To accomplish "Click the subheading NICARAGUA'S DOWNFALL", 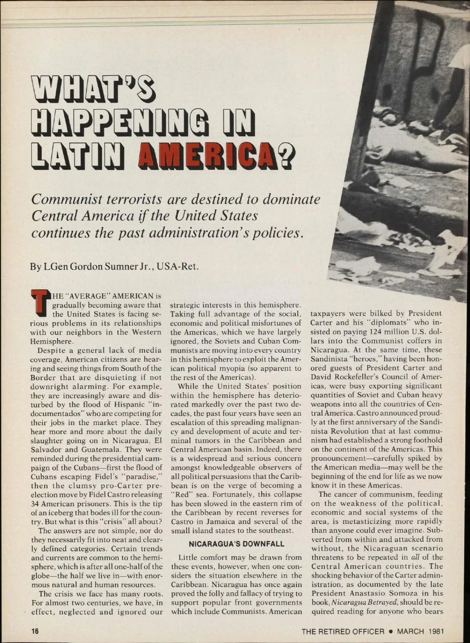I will tap(237, 544).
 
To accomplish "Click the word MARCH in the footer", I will tap(411, 631).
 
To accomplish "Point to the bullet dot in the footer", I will tap(391, 631).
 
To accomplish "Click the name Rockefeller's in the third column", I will tap(354, 377).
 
